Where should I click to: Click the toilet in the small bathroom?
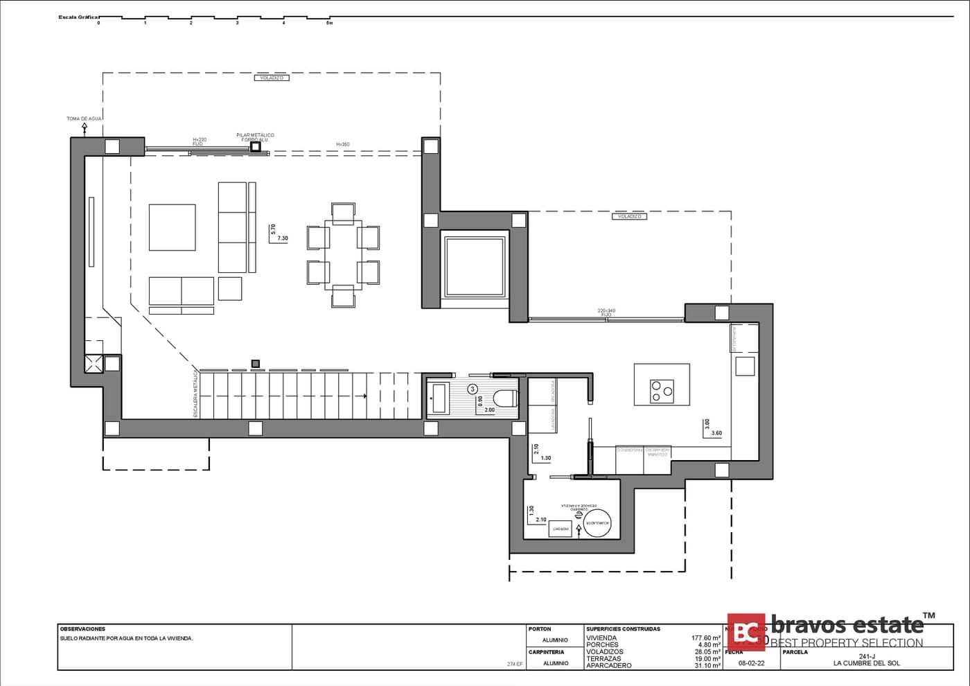pyautogui.click(x=506, y=398)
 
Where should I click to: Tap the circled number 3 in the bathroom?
pyautogui.click(x=473, y=389)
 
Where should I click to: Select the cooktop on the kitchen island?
pyautogui.click(x=662, y=391)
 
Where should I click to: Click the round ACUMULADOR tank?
pyautogui.click(x=597, y=523)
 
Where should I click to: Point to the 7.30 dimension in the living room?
pyautogui.click(x=283, y=238)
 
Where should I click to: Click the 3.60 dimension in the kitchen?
pyautogui.click(x=716, y=433)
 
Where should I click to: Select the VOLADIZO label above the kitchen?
pyautogui.click(x=629, y=217)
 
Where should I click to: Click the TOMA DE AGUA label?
pyautogui.click(x=85, y=119)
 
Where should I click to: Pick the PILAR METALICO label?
pyautogui.click(x=255, y=136)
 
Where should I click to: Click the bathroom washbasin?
pyautogui.click(x=438, y=397)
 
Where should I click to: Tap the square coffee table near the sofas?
pyautogui.click(x=172, y=227)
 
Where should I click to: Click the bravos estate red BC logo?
pyautogui.click(x=746, y=632)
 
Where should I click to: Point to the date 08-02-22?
pyautogui.click(x=751, y=663)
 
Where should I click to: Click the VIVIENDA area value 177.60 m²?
pyautogui.click(x=705, y=638)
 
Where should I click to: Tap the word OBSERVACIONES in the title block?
pyautogui.click(x=82, y=629)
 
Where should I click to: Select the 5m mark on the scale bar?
pyautogui.click(x=330, y=23)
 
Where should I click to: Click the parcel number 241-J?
pyautogui.click(x=867, y=657)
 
